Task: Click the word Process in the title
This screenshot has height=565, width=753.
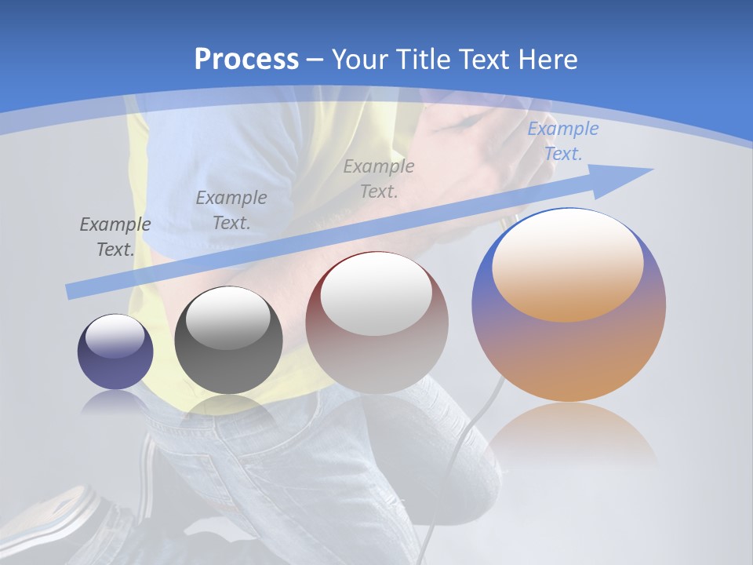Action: (246, 59)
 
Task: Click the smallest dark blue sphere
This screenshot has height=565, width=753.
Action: (115, 352)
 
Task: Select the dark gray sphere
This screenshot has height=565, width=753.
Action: (228, 341)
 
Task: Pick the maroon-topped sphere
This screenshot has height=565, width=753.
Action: (376, 323)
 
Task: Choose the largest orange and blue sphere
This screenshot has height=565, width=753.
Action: (569, 304)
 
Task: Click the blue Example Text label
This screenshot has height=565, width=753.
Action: (562, 141)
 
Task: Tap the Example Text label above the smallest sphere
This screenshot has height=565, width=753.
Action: (115, 237)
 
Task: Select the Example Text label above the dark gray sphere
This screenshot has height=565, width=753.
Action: (231, 210)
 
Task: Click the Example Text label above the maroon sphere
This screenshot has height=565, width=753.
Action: (379, 178)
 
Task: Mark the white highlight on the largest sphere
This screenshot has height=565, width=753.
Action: (567, 263)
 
